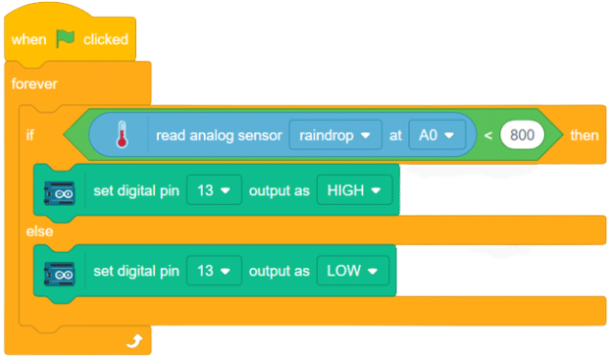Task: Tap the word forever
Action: pyautogui.click(x=35, y=83)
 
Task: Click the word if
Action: pyautogui.click(x=30, y=135)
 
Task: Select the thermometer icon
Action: pyautogui.click(x=122, y=134)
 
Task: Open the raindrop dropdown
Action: pyautogui.click(x=334, y=134)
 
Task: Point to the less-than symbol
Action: pyautogui.click(x=487, y=135)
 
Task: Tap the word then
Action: pyautogui.click(x=584, y=135)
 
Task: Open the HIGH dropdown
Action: pyautogui.click(x=354, y=190)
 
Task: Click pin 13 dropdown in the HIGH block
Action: pyautogui.click(x=215, y=190)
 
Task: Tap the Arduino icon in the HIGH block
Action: pyautogui.click(x=60, y=190)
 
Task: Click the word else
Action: pyautogui.click(x=39, y=231)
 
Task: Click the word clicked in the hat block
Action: pyautogui.click(x=105, y=39)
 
